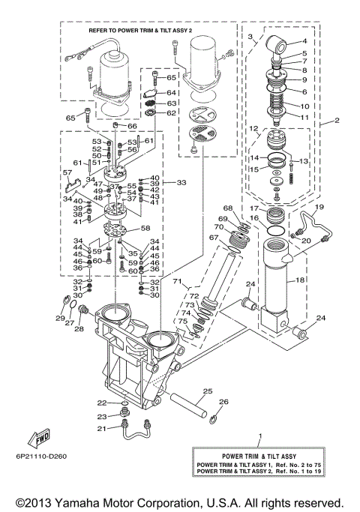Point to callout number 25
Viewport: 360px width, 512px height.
pyautogui.click(x=207, y=391)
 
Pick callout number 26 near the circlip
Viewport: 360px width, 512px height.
pyautogui.click(x=223, y=403)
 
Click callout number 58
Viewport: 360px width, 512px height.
pyautogui.click(x=145, y=228)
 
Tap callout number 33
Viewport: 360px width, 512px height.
pyautogui.click(x=181, y=182)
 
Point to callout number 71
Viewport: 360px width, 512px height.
pyautogui.click(x=178, y=282)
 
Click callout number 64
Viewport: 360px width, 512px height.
pyautogui.click(x=171, y=92)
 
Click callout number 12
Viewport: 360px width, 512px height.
pyautogui.click(x=254, y=129)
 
